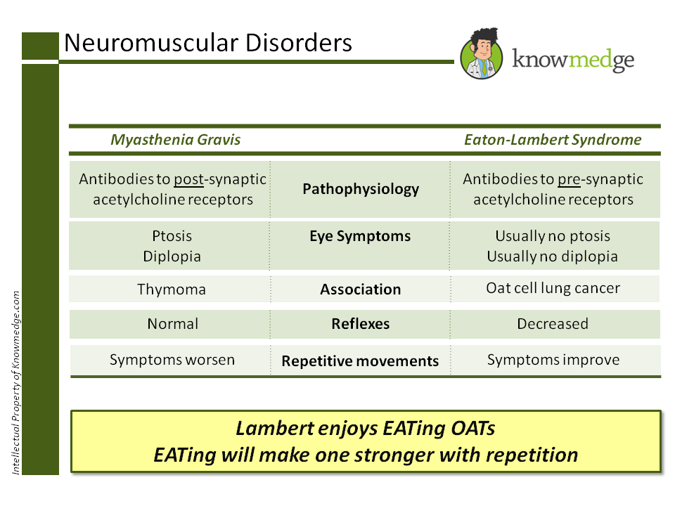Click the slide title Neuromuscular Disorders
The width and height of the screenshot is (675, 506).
(x=208, y=43)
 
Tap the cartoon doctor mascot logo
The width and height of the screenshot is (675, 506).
(x=482, y=54)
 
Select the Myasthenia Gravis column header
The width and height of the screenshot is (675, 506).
(x=176, y=140)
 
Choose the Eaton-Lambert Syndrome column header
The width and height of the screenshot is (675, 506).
(x=553, y=140)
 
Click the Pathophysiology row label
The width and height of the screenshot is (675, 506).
(x=361, y=189)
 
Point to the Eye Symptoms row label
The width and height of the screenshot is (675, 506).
(x=360, y=236)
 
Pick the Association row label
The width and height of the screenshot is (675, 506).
(x=360, y=289)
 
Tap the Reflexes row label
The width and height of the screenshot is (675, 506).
(x=360, y=323)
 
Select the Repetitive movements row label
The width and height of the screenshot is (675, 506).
(x=360, y=361)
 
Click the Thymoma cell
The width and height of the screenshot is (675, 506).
(x=172, y=289)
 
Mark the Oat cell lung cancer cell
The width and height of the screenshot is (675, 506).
(x=553, y=288)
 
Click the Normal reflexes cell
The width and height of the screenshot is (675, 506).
(x=173, y=323)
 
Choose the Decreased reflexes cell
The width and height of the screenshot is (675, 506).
(x=553, y=323)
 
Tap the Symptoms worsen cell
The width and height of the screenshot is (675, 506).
(x=172, y=359)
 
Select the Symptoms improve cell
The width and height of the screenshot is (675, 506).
(x=553, y=359)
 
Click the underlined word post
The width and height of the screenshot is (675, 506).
(x=188, y=180)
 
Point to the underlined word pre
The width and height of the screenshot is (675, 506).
(x=569, y=180)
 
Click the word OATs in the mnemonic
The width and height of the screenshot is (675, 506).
(x=472, y=428)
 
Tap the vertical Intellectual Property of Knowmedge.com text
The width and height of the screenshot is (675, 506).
(x=16, y=383)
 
